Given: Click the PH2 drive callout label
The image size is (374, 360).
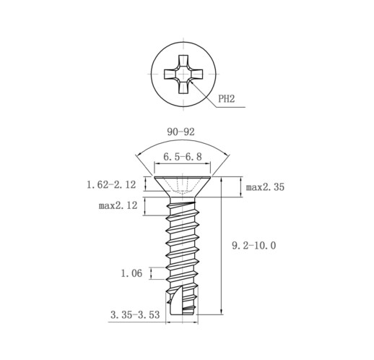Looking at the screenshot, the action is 226,99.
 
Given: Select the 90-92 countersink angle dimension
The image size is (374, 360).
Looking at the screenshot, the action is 181,132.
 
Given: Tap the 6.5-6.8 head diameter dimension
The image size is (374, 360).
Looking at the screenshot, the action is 183,157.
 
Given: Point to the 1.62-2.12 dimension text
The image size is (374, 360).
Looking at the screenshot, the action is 111,185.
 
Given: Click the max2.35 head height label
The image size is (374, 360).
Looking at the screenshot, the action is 265,187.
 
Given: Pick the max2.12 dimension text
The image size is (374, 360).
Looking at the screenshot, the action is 118,205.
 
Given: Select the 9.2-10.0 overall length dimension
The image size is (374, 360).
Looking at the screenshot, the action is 254,246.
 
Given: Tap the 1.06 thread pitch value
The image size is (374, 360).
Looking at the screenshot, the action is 131,273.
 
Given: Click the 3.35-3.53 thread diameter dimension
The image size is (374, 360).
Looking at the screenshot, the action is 135,314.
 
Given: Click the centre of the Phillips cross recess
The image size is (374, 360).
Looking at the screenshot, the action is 183,74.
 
